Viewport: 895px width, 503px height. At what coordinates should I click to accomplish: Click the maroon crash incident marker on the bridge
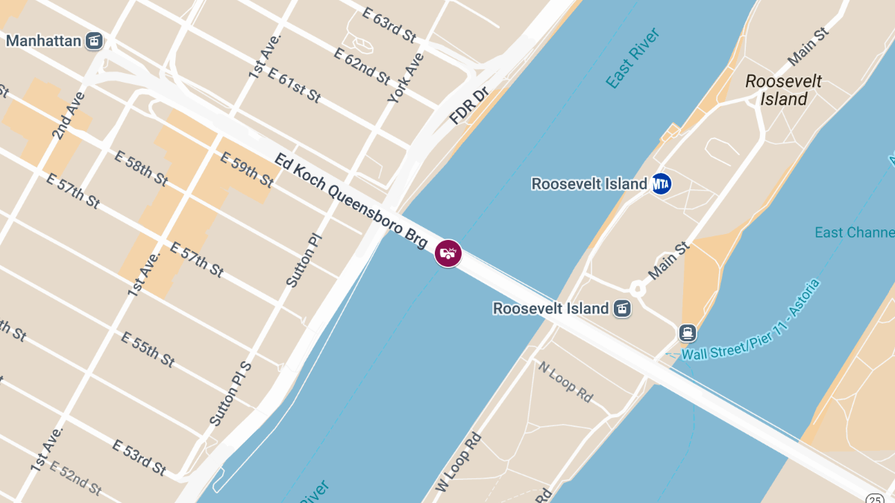tap(448, 253)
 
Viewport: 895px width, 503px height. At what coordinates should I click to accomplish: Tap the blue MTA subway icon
tap(661, 183)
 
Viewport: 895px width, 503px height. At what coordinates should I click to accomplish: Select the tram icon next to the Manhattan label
tap(94, 40)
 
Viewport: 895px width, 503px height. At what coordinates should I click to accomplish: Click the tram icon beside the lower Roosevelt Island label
tap(621, 308)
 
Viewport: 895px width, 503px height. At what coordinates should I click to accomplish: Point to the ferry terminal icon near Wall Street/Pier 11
tap(687, 332)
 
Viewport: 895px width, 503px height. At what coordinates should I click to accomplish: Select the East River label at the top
tap(633, 58)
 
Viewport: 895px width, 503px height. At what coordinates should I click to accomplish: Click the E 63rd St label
tap(389, 25)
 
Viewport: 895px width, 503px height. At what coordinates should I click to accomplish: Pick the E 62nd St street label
tap(362, 66)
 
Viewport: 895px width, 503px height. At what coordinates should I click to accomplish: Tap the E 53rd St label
tap(139, 458)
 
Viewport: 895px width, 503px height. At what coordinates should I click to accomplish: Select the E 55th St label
tap(148, 349)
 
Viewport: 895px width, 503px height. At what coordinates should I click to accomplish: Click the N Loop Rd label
tap(565, 382)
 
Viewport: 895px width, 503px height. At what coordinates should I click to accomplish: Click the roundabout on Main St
tap(638, 288)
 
